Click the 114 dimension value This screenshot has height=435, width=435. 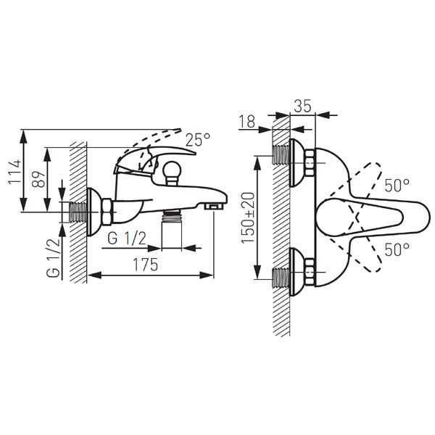[14, 171]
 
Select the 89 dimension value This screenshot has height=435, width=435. [38, 180]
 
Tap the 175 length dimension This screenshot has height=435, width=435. [146, 265]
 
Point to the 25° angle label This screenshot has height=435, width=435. [198, 139]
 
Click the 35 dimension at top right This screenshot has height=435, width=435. [302, 106]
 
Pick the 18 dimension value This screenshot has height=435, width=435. [246, 122]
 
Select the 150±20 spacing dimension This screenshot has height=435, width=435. [248, 217]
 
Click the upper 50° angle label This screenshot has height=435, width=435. [397, 186]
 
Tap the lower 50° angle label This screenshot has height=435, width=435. [397, 249]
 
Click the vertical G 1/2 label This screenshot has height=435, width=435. [53, 257]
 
